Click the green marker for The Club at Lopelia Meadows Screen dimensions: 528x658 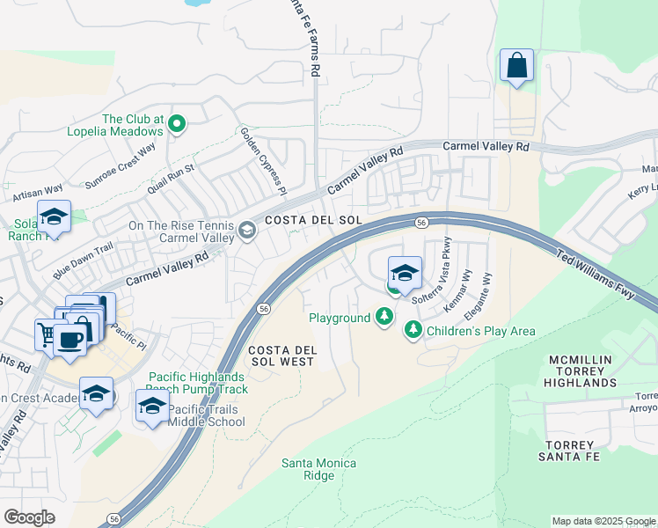point(176,124)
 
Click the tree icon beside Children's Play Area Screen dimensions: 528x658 point(413,330)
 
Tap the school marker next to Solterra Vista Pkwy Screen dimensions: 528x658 point(405,273)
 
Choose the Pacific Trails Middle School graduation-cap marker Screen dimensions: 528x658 point(152,407)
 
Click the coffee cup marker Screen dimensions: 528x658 point(69,339)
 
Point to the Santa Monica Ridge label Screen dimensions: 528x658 point(318,469)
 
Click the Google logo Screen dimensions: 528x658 point(29,517)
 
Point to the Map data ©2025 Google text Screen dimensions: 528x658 point(603,521)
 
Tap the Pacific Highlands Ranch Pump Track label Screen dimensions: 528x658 point(196,383)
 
